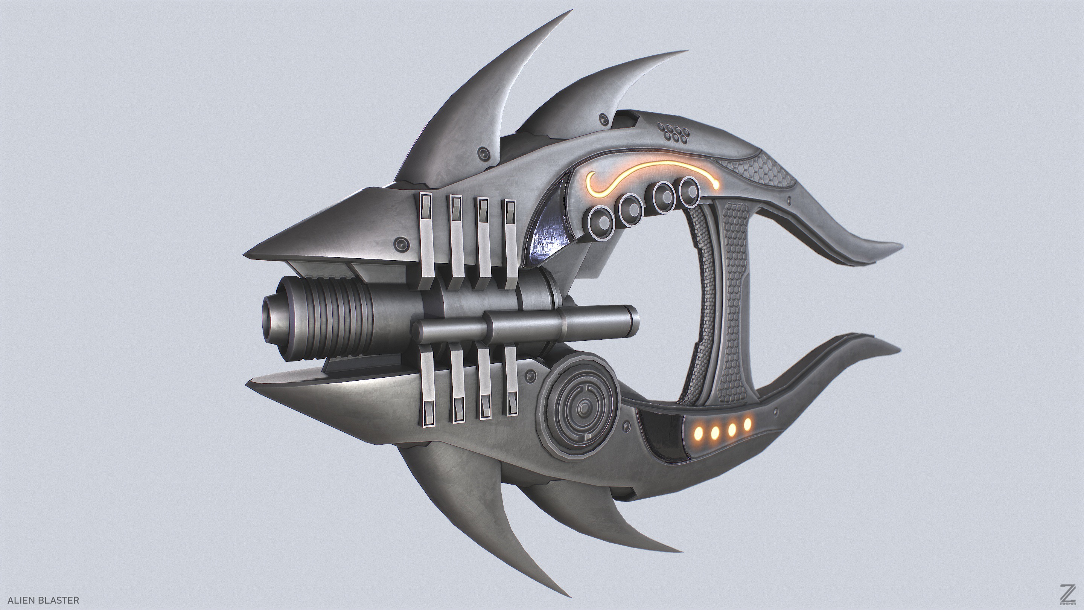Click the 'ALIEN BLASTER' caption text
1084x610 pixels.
tap(43, 600)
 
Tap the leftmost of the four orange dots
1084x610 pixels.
tap(699, 432)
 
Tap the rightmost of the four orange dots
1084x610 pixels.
tap(748, 424)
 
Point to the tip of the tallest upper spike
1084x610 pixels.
tap(571, 11)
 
